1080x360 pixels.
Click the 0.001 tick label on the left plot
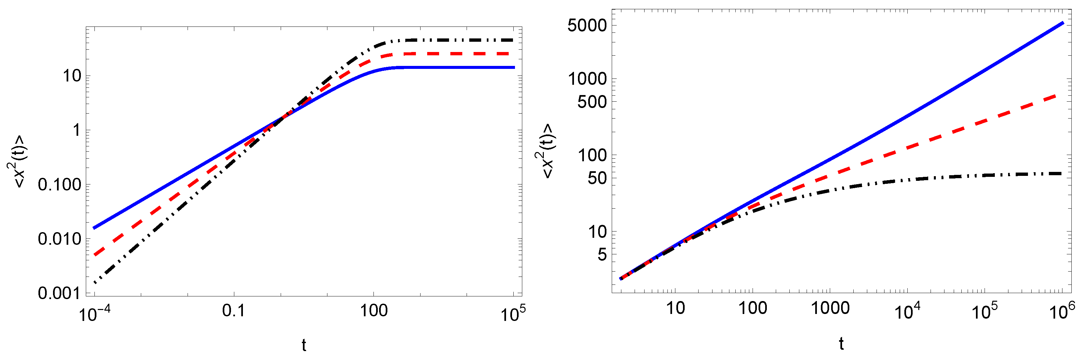[x=59, y=293]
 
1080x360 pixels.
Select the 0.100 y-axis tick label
[x=59, y=184]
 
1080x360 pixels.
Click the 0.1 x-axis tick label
[x=234, y=311]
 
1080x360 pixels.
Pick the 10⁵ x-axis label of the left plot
[x=513, y=313]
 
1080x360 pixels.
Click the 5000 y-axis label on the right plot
[x=587, y=26]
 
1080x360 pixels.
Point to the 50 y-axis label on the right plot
[x=597, y=178]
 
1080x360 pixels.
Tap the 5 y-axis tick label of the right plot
[x=602, y=254]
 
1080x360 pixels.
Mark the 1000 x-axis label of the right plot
[x=830, y=308]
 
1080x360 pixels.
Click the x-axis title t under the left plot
[x=304, y=345]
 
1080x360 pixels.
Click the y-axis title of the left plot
[x=17, y=161]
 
